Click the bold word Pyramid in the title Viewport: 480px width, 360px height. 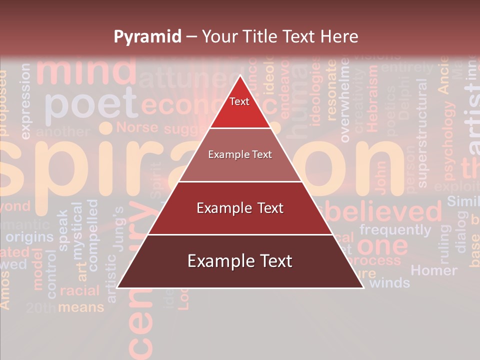click(x=147, y=36)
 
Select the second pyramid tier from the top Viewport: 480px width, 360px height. click(x=240, y=155)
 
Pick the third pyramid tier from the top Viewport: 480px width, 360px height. click(x=240, y=208)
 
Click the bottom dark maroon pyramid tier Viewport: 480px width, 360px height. click(x=240, y=261)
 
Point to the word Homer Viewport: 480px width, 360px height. click(x=433, y=270)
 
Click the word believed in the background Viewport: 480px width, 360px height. click(x=385, y=212)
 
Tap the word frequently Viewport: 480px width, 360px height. click(x=395, y=230)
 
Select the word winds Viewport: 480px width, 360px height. click(x=389, y=282)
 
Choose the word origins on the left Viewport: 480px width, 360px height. click(x=29, y=236)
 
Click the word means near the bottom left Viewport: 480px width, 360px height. click(x=81, y=307)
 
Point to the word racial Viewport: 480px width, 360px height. click(x=79, y=290)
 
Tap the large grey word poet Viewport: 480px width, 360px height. click(x=90, y=103)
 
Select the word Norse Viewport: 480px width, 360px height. click(x=137, y=127)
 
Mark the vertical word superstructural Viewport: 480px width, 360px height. click(x=422, y=132)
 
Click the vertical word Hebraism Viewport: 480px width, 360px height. click(x=372, y=100)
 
